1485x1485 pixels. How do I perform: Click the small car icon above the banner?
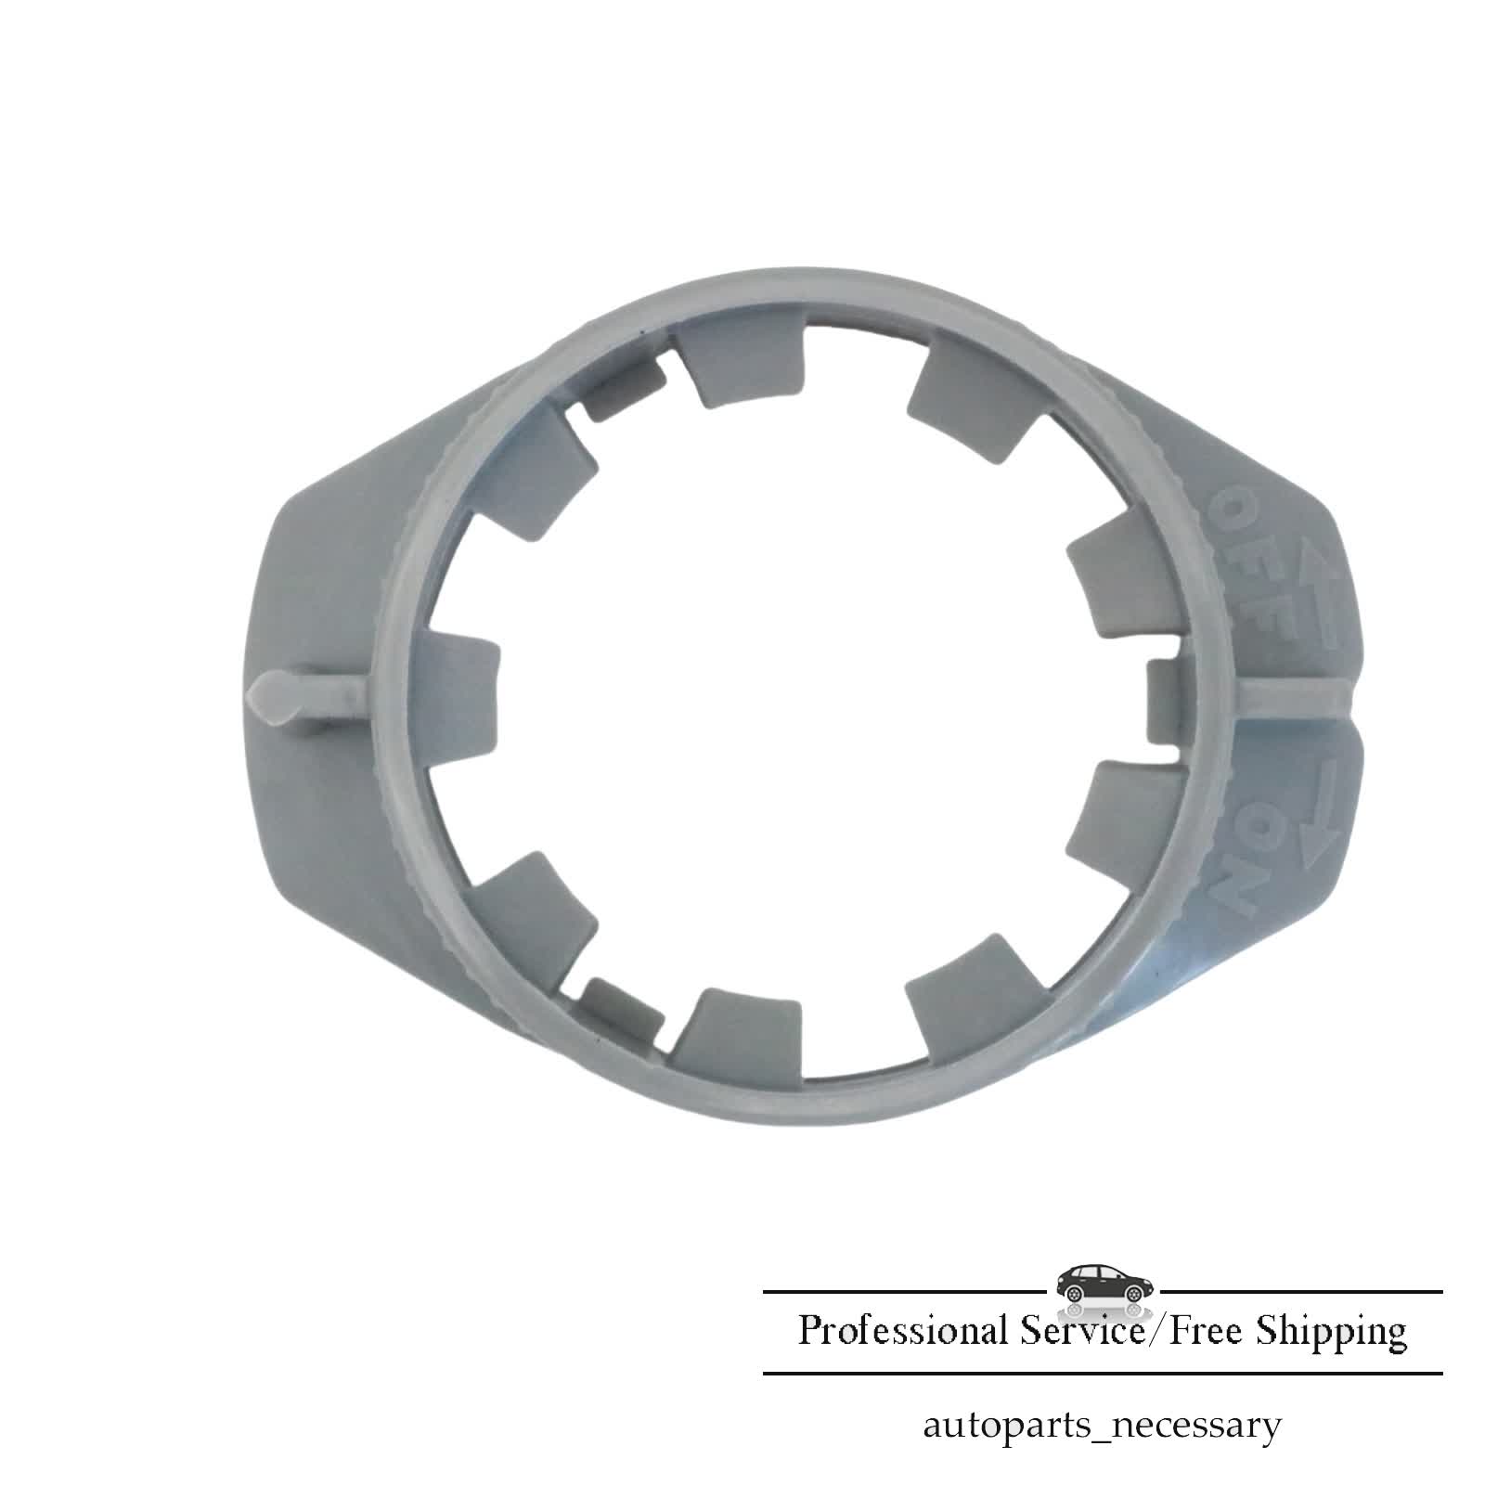point(1104,1283)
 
